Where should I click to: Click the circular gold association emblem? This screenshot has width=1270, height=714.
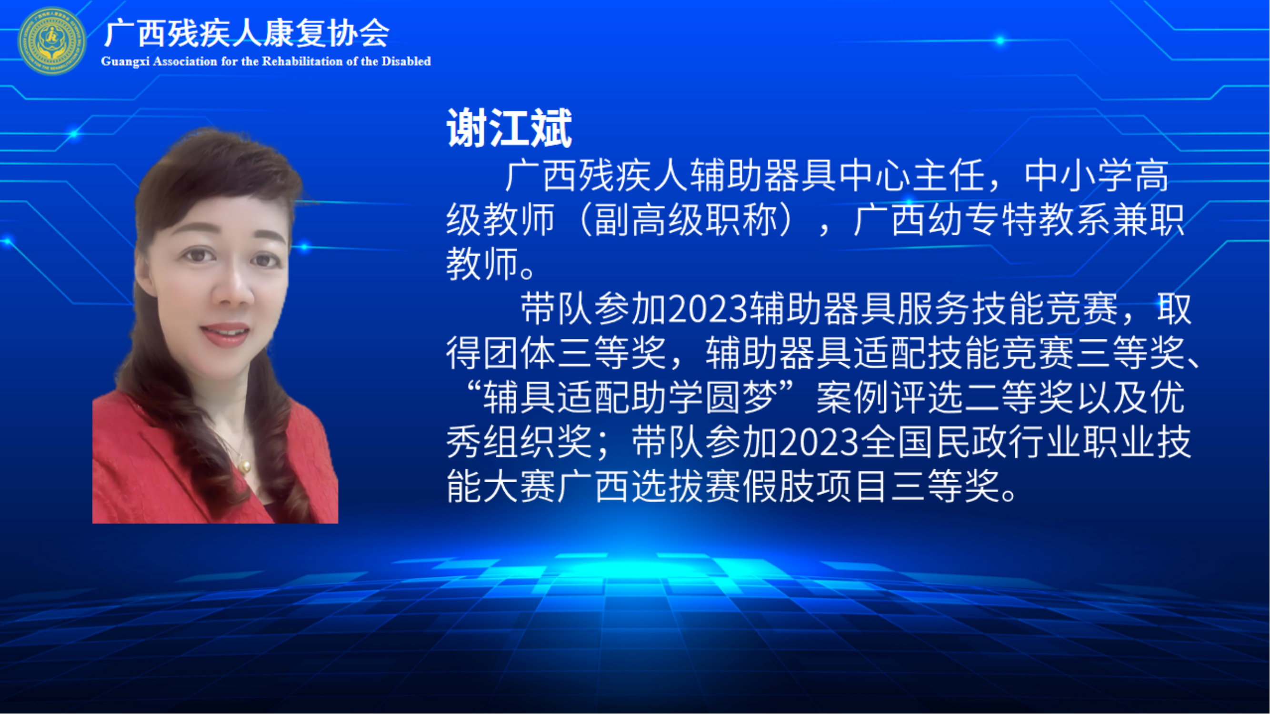[x=51, y=41]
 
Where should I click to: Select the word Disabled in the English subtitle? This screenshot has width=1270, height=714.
[x=406, y=61]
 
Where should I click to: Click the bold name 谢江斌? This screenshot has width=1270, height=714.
[x=509, y=128]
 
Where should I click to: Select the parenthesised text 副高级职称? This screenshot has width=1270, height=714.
[x=686, y=220]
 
